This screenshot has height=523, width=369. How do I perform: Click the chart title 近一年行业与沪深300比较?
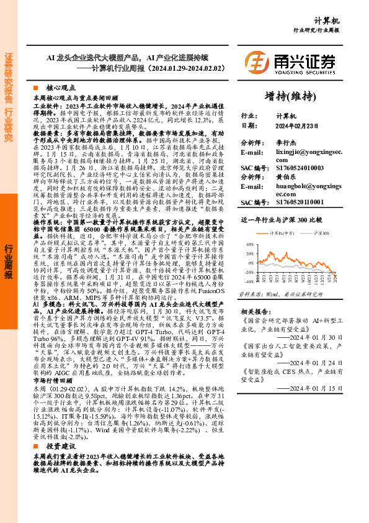280,221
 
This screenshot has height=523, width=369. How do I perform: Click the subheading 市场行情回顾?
52,381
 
